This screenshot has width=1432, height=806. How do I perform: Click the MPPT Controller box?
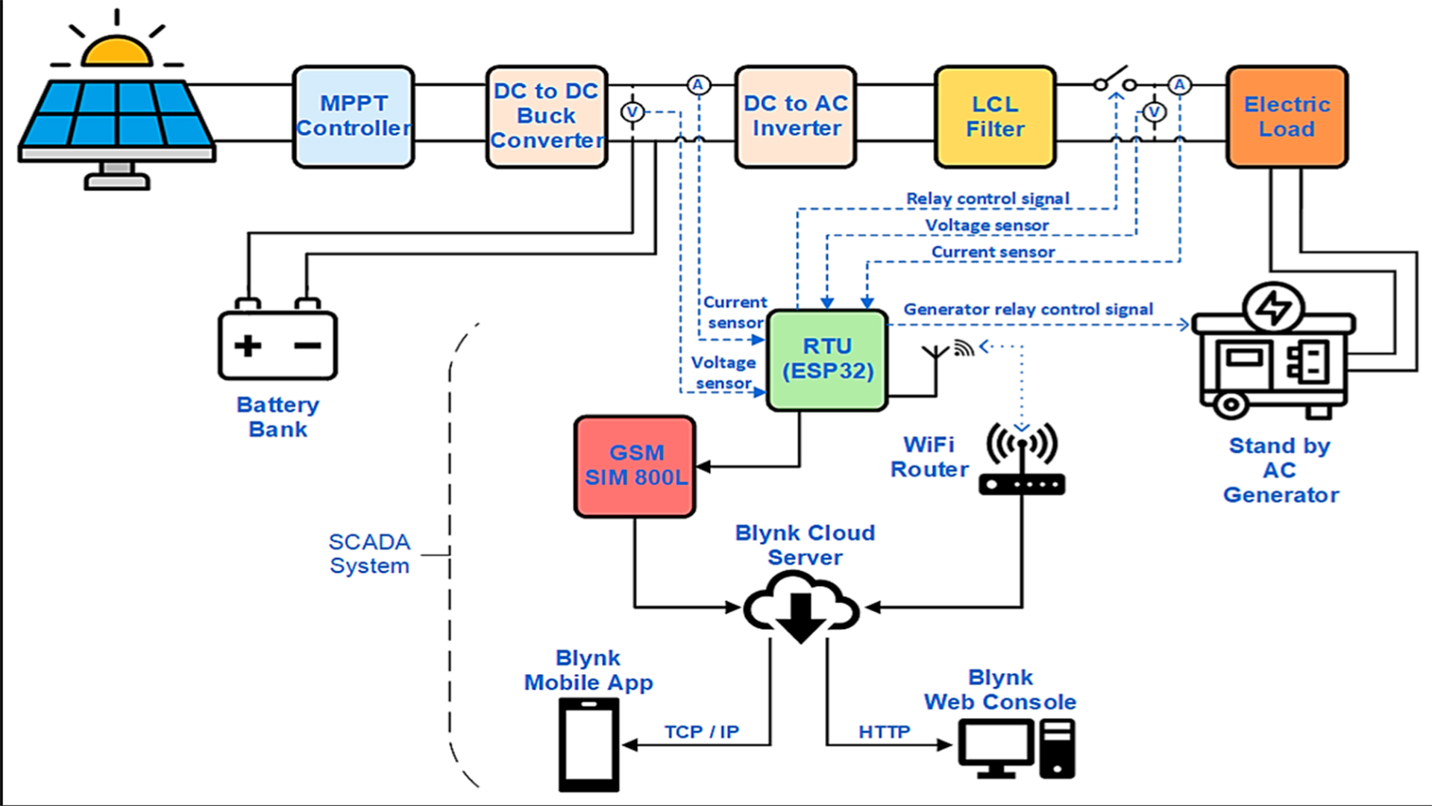click(x=353, y=116)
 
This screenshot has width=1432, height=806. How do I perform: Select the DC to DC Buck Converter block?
click(x=547, y=116)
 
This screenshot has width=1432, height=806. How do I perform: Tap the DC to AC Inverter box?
click(x=795, y=116)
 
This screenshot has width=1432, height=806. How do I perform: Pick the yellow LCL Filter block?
click(x=995, y=116)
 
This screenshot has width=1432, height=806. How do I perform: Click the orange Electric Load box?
click(x=1287, y=116)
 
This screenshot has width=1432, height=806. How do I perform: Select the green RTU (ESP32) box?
click(x=827, y=360)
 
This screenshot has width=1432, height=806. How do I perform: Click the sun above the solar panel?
click(x=116, y=52)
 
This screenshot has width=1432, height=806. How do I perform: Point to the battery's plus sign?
click(x=248, y=346)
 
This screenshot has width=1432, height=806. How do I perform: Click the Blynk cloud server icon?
click(x=802, y=608)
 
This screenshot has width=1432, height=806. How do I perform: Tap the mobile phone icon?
click(x=588, y=745)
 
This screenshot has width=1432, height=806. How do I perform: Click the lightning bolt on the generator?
click(x=1274, y=307)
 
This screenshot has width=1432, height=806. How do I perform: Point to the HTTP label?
click(x=884, y=731)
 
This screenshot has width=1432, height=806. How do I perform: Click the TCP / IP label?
click(x=701, y=731)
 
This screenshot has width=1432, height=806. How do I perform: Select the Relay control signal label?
click(x=987, y=199)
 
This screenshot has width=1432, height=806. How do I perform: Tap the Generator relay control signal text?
click(x=1028, y=309)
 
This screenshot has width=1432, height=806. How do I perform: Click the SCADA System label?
click(x=369, y=553)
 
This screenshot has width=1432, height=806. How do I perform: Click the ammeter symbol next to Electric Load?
click(x=1179, y=85)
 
